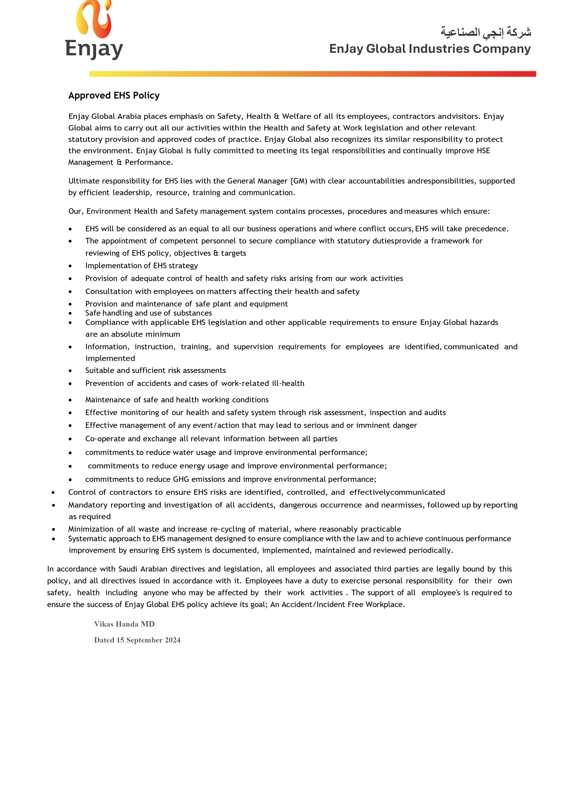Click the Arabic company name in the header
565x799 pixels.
[486, 32]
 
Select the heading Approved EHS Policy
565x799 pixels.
[114, 95]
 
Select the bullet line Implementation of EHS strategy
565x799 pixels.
[141, 265]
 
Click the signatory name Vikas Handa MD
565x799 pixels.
[124, 624]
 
